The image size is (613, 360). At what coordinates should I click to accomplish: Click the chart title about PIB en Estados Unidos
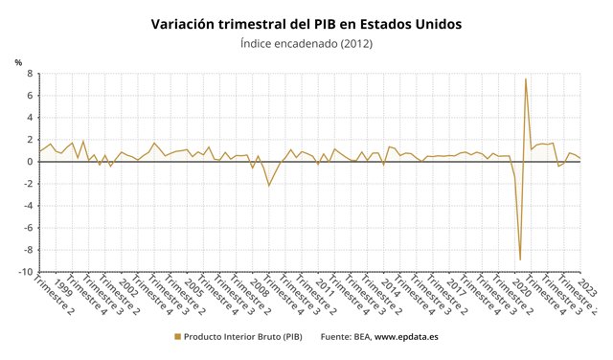click(x=306, y=22)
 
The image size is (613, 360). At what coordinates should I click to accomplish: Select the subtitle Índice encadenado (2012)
click(x=306, y=43)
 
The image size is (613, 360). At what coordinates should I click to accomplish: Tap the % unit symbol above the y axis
click(x=18, y=62)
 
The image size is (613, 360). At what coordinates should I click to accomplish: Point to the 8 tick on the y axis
click(x=30, y=74)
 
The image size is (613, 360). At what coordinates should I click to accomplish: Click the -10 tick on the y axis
click(x=26, y=272)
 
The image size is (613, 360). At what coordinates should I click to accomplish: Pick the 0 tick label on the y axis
click(x=30, y=162)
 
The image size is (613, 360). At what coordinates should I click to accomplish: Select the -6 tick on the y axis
click(x=28, y=228)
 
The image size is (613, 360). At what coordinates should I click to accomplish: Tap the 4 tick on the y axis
click(x=30, y=118)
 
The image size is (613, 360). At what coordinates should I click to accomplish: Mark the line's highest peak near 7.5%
click(x=526, y=79)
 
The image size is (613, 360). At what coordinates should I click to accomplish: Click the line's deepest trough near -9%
click(x=520, y=259)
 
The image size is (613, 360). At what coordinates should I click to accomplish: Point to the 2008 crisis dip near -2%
click(x=269, y=185)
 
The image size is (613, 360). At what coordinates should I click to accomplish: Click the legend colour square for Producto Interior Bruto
click(x=176, y=337)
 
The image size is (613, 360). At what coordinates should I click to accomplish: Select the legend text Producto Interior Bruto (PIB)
click(x=242, y=337)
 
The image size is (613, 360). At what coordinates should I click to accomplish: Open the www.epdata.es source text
click(x=406, y=337)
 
